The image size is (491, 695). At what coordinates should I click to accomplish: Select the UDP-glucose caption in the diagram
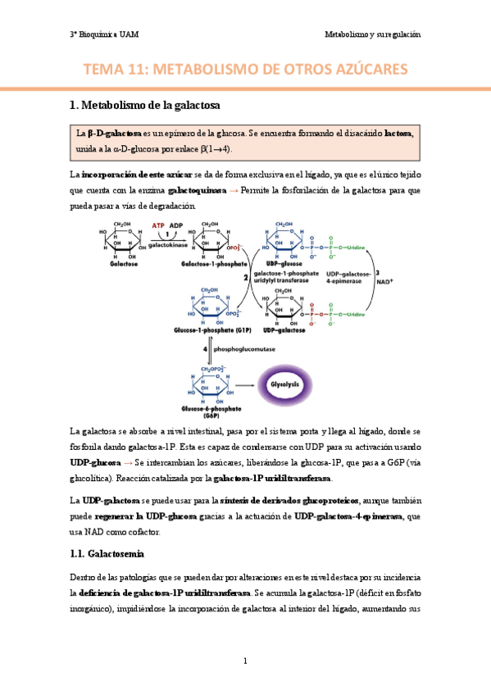point(284,265)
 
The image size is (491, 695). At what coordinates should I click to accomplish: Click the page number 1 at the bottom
point(245,661)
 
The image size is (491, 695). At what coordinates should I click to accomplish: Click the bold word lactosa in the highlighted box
point(398,133)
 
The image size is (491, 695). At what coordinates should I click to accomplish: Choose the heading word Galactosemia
point(124,531)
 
